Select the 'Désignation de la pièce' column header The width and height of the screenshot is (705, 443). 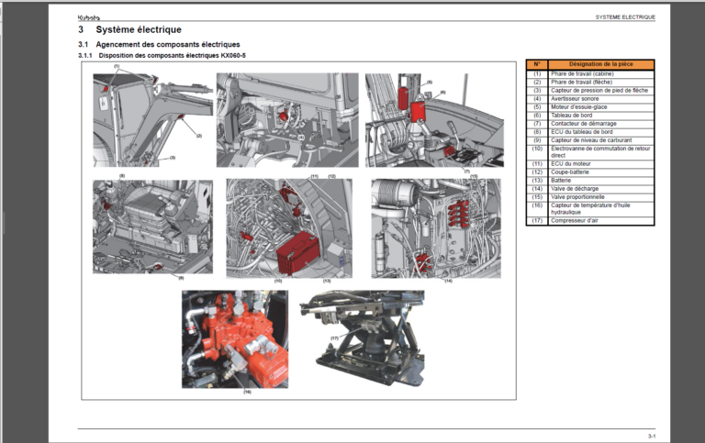(x=601, y=64)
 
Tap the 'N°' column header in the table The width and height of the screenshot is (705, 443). (x=537, y=64)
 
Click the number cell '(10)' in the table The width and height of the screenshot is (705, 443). (x=537, y=148)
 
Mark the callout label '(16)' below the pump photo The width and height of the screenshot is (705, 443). (x=247, y=392)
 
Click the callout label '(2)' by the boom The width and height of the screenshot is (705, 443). (x=199, y=136)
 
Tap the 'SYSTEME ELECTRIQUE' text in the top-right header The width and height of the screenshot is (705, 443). (x=625, y=17)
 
